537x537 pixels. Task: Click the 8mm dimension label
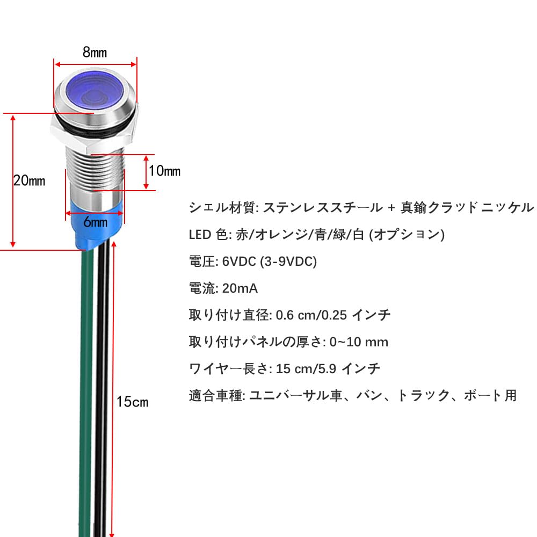(95, 52)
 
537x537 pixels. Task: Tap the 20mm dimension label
(29, 180)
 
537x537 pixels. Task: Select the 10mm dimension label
(165, 171)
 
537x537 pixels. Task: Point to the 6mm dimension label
(96, 222)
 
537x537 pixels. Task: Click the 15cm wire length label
(132, 402)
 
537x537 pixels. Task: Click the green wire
(85, 393)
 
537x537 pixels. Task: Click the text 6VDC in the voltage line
(239, 262)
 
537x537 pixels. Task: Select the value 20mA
(240, 288)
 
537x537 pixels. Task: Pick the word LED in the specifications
(200, 235)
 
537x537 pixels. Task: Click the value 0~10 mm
(359, 342)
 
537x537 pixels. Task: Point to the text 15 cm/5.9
(306, 368)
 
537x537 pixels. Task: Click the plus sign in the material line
(391, 207)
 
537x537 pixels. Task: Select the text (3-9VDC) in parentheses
(288, 262)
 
